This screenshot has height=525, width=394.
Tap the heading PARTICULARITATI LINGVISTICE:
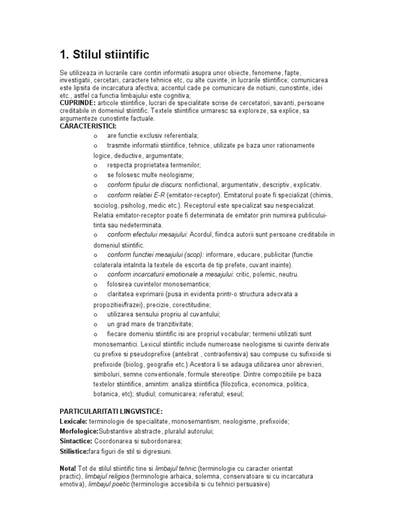click(x=111, y=411)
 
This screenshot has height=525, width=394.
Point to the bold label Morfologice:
click(x=80, y=431)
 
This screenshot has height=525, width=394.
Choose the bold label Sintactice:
click(x=76, y=441)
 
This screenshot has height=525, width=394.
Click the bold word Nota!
click(x=68, y=469)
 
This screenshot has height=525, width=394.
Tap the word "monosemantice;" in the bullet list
click(x=186, y=284)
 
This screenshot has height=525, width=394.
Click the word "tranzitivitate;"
click(x=168, y=324)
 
